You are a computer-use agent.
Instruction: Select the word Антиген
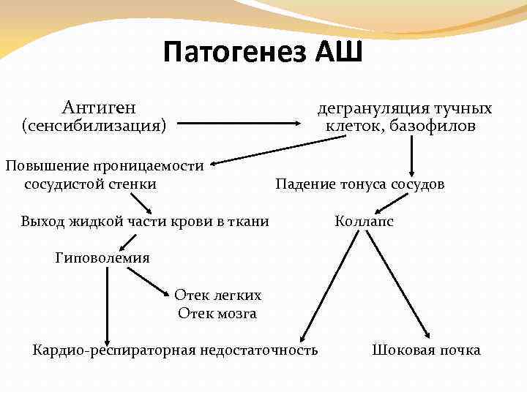pyautogui.click(x=99, y=108)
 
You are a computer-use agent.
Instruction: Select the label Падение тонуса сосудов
pyautogui.click(x=359, y=184)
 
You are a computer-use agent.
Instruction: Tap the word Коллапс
pyautogui.click(x=363, y=221)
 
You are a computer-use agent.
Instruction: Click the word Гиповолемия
pyautogui.click(x=102, y=257)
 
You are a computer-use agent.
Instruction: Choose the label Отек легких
pyautogui.click(x=217, y=295)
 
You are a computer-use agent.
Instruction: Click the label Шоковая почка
pyautogui.click(x=426, y=350)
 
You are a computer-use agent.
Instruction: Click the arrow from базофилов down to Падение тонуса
pyautogui.click(x=412, y=154)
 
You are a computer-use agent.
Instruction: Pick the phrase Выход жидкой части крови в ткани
pyautogui.click(x=145, y=221)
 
